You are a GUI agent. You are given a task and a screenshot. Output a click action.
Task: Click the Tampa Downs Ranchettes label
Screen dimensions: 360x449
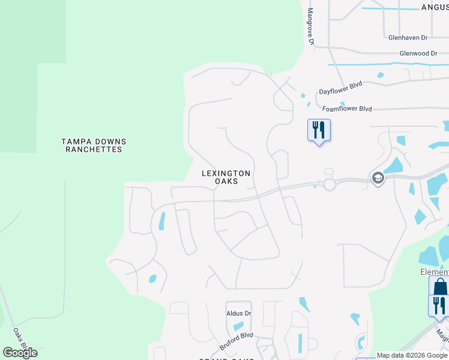pyautogui.click(x=94, y=146)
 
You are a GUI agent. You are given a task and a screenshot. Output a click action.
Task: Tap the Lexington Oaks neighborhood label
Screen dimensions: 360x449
pyautogui.click(x=226, y=177)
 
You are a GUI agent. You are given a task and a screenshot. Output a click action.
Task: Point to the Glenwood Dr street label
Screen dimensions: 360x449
pyautogui.click(x=418, y=53)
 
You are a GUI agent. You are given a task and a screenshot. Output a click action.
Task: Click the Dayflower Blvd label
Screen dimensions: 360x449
pyautogui.click(x=340, y=89)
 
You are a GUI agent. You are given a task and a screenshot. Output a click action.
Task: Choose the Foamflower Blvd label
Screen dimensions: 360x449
pyautogui.click(x=347, y=109)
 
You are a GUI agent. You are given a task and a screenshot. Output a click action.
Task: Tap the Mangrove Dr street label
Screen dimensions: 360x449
pyautogui.click(x=311, y=26)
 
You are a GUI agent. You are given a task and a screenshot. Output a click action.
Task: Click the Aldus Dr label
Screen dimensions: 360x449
pyautogui.click(x=238, y=313)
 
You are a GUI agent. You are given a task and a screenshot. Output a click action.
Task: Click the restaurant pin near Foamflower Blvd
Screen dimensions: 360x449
pyautogui.click(x=319, y=130)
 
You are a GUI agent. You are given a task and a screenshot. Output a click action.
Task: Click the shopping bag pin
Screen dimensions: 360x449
pyautogui.click(x=439, y=286)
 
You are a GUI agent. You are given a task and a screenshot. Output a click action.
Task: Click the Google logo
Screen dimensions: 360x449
pyautogui.click(x=20, y=352)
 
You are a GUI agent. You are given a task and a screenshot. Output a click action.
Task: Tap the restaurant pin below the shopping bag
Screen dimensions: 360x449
pyautogui.click(x=439, y=305)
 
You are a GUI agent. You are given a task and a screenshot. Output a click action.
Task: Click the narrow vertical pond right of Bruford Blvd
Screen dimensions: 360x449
pyautogui.click(x=300, y=343)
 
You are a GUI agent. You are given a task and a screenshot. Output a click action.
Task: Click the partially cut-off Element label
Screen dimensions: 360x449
pyautogui.click(x=433, y=272)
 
